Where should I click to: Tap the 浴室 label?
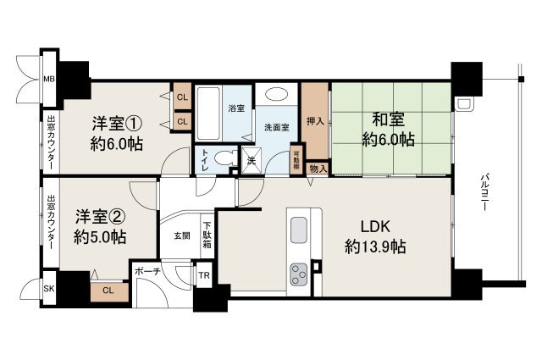(235, 108)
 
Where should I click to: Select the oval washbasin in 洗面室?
(275, 95)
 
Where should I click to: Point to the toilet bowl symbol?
(222, 158)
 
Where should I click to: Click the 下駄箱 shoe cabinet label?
(207, 236)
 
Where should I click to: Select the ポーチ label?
(143, 273)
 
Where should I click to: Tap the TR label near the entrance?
(203, 276)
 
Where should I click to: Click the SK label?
(48, 289)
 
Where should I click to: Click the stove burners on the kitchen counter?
(300, 274)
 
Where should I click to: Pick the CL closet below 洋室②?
(108, 291)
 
